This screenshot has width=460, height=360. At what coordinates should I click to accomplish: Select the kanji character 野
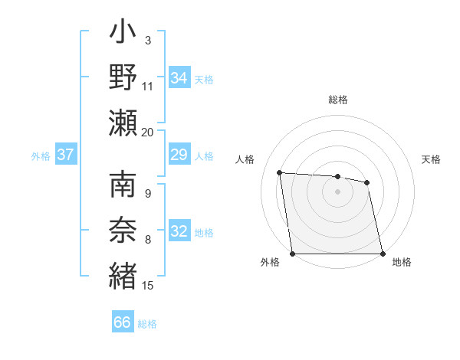click(x=123, y=77)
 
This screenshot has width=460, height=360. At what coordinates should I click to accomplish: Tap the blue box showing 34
click(x=179, y=77)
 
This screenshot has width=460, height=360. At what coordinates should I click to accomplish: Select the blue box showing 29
click(x=179, y=155)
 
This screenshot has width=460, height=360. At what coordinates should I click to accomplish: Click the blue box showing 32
click(x=179, y=232)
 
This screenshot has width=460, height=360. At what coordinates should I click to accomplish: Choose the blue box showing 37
click(x=65, y=155)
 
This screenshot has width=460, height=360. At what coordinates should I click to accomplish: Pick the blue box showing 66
click(x=123, y=322)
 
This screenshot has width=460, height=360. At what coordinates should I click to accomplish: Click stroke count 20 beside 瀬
click(x=148, y=132)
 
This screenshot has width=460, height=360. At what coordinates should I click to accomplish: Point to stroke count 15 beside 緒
click(x=148, y=286)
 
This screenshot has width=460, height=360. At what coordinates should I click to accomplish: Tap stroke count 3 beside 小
click(x=147, y=40)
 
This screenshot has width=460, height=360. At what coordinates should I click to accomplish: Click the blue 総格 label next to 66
click(x=147, y=324)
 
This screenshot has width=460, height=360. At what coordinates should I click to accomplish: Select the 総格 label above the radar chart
click(x=338, y=100)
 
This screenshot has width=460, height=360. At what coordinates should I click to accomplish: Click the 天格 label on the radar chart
click(x=431, y=159)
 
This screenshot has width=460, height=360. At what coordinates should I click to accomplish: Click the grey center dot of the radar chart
click(x=337, y=191)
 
